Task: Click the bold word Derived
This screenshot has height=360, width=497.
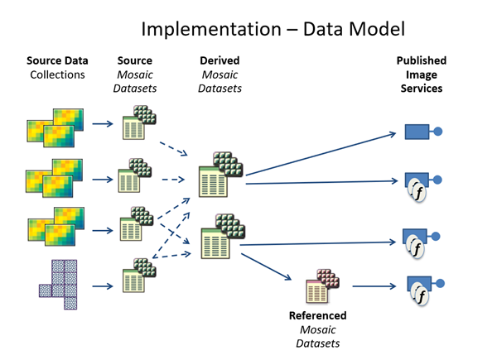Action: [221, 61]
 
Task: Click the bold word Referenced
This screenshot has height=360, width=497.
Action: [317, 315]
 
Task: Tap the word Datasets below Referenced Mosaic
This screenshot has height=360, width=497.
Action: [317, 342]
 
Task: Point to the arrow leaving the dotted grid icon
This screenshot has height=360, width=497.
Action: [102, 287]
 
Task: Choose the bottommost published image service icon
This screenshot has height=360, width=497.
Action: [419, 290]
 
